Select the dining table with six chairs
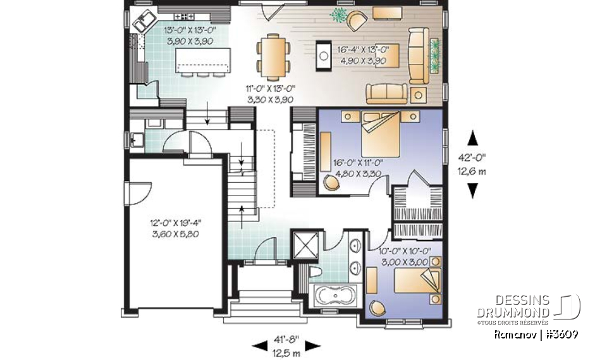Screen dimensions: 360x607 tap(274, 53)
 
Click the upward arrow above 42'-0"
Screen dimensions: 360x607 tap(472, 138)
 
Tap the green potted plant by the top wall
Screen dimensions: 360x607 tap(339, 15)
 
